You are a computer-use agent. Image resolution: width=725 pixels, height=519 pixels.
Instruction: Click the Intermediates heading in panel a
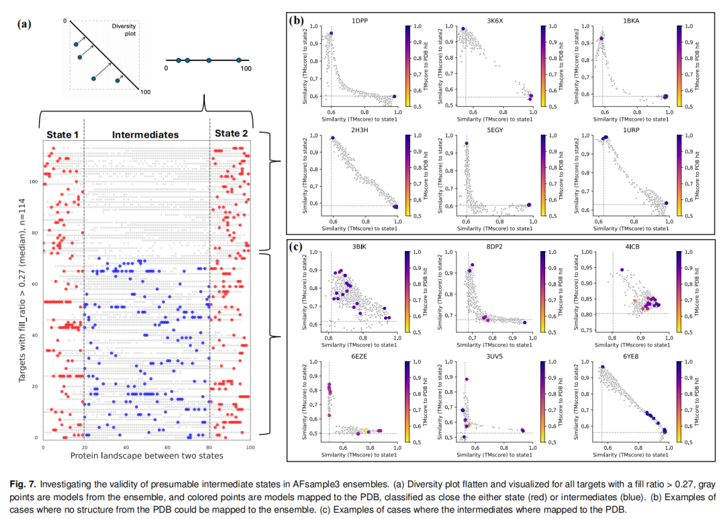tap(145, 134)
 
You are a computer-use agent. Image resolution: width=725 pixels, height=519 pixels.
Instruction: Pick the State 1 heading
tap(62, 134)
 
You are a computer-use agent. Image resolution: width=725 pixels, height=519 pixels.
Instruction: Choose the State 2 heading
tap(231, 134)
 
